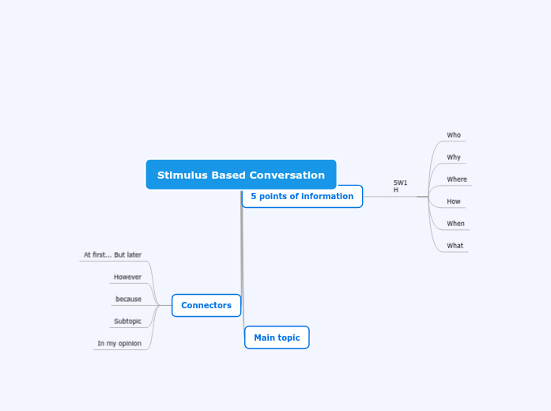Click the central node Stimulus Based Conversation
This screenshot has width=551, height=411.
click(x=241, y=175)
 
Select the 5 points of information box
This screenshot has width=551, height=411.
click(x=302, y=197)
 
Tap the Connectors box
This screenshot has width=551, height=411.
click(x=206, y=306)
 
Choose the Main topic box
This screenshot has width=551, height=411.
click(x=277, y=337)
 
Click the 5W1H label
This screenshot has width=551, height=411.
click(x=400, y=187)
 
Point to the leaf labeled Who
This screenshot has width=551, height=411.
click(x=454, y=135)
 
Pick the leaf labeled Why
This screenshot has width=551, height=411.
click(x=454, y=157)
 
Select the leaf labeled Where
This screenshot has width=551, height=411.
click(x=457, y=179)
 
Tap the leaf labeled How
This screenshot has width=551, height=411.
click(x=454, y=202)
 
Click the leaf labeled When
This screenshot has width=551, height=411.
click(x=455, y=224)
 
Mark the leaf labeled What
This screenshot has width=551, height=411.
click(x=455, y=246)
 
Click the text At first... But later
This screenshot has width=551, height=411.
click(x=112, y=255)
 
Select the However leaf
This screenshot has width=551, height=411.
click(x=127, y=277)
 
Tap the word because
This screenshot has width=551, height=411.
click(x=128, y=300)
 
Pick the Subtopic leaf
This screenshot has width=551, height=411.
click(x=127, y=322)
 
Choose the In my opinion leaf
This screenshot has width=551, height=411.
click(x=119, y=344)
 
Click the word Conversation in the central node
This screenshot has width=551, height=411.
click(x=287, y=175)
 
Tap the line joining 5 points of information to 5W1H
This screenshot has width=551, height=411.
click(x=387, y=197)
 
